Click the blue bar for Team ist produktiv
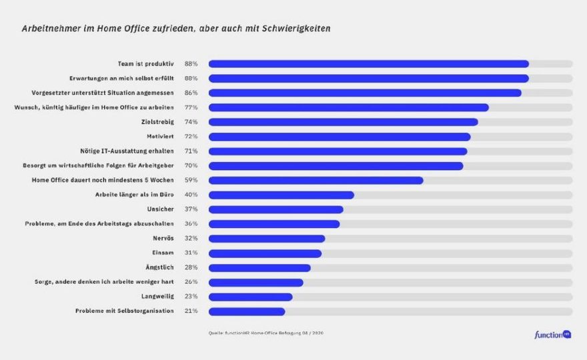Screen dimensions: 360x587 (x=368, y=64)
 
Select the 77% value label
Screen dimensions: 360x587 (x=191, y=107)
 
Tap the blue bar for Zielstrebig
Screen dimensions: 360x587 (x=343, y=122)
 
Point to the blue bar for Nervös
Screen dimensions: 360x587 (x=267, y=239)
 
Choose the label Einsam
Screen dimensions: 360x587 (x=164, y=253)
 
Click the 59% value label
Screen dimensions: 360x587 (x=191, y=180)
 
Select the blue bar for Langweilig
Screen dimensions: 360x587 (x=250, y=297)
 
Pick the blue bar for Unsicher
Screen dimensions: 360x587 (x=275, y=209)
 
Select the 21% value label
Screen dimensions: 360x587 (x=191, y=311)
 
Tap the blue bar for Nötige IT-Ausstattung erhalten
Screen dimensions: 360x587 (x=338, y=151)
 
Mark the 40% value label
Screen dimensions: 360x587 (x=191, y=195)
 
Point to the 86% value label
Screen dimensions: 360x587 (x=191, y=93)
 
